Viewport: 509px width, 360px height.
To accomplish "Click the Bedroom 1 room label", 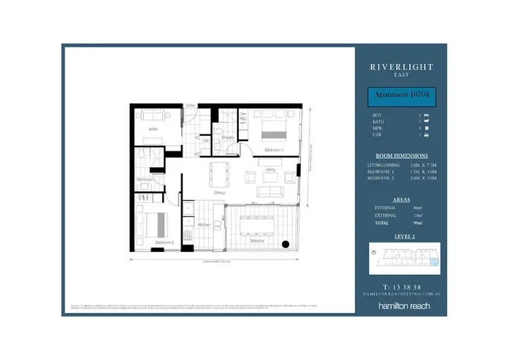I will [x=274, y=149].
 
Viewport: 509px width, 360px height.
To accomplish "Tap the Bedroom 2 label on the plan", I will [x=165, y=242].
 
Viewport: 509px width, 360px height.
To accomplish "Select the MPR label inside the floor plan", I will [x=153, y=128].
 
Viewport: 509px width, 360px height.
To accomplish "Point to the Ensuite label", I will [x=227, y=137].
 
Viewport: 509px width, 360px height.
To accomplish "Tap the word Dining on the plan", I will [x=219, y=193].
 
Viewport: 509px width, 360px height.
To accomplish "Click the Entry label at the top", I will [x=191, y=106].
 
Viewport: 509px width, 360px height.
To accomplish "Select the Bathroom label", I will [x=145, y=179].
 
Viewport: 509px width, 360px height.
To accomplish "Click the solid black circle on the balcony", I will [x=286, y=245].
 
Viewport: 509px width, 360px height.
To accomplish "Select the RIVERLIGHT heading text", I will [x=401, y=67].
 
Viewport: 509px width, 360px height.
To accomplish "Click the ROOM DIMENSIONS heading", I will [x=401, y=156].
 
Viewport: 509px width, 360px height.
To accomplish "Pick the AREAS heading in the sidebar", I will [x=401, y=200].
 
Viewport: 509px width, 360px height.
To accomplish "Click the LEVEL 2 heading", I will [x=401, y=236].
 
